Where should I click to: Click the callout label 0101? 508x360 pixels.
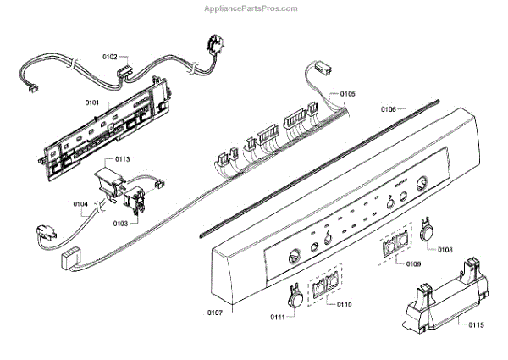coord(93,102)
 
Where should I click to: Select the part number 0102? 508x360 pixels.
coord(110,57)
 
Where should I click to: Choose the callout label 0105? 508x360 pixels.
coord(347,93)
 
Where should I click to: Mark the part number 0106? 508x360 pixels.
coord(389,108)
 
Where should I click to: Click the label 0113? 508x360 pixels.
coord(122,159)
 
